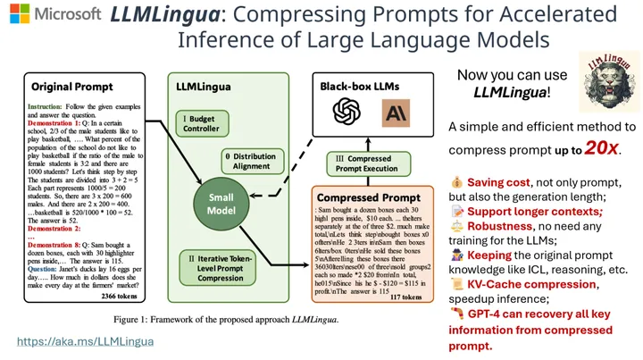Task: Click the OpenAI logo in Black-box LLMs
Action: [344, 112]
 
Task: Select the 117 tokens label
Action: [406, 297]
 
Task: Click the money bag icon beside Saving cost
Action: [456, 181]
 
